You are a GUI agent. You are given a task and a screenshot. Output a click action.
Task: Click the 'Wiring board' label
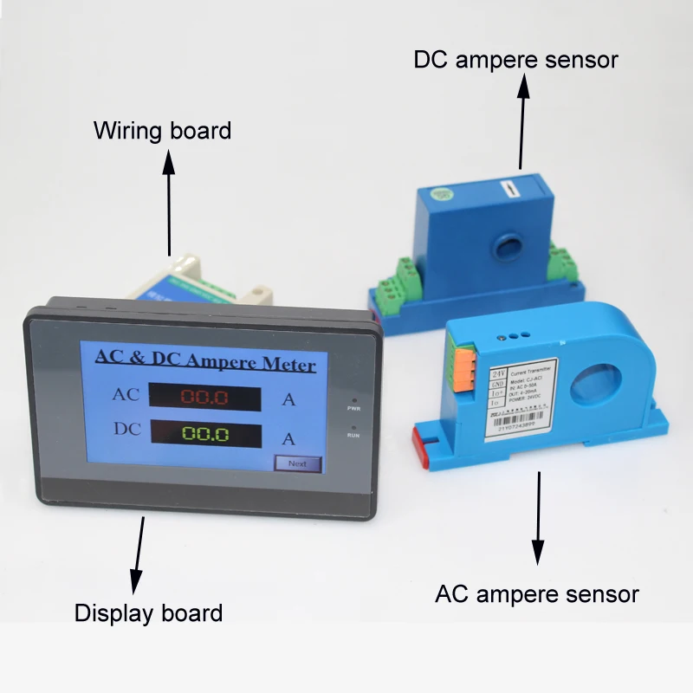(x=163, y=131)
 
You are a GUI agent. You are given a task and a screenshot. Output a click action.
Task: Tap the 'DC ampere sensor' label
(x=515, y=60)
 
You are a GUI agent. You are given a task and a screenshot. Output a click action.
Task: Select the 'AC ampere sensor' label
(x=536, y=594)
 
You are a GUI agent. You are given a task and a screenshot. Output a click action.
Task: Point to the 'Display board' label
(x=148, y=613)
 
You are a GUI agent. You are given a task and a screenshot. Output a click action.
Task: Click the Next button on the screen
(x=297, y=463)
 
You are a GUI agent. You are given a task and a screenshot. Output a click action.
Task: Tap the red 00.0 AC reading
(x=204, y=398)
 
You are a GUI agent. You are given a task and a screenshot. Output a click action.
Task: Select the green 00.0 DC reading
(x=204, y=435)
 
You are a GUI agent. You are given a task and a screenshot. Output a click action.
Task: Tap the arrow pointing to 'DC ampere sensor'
(x=522, y=121)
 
